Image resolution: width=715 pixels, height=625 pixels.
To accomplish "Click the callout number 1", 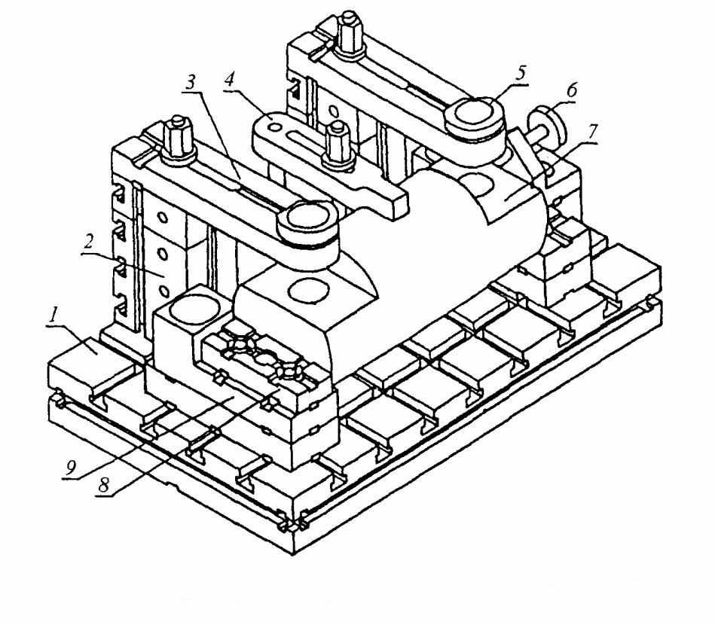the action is tap(55, 316).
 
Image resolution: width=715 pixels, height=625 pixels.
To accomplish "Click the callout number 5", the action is tap(521, 73).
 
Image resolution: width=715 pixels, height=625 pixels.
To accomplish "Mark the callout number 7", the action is tap(591, 133).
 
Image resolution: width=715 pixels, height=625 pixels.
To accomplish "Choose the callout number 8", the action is tap(105, 485).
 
